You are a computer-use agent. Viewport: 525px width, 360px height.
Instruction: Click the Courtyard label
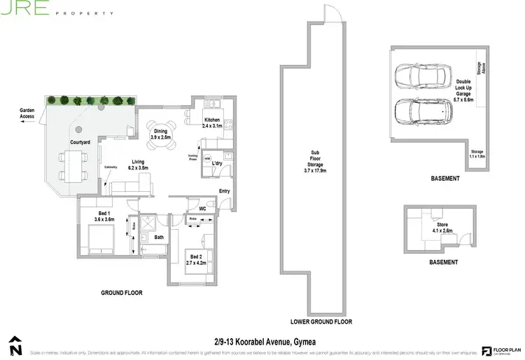pyautogui.click(x=80, y=142)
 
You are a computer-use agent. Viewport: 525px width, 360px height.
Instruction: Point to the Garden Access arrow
pyautogui.click(x=27, y=121)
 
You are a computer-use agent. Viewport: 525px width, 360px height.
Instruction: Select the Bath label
pyautogui.click(x=159, y=237)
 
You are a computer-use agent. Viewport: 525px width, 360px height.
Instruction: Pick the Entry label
pyautogui.click(x=224, y=191)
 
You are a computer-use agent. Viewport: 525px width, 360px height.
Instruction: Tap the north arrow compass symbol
pyautogui.click(x=15, y=345)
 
